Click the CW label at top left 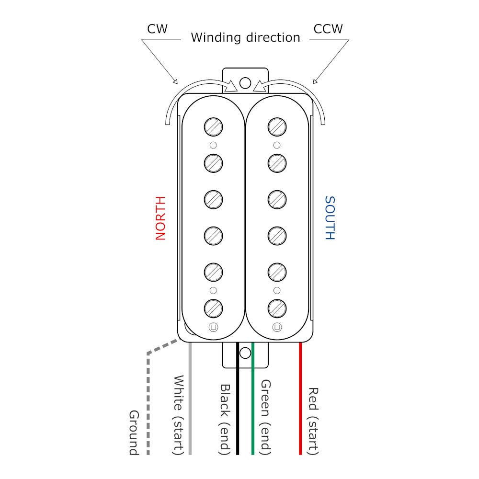coord(157,29)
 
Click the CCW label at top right coord(328,29)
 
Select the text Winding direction coord(245,37)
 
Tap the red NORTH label coord(160,218)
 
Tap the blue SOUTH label coord(330,218)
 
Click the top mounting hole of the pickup coord(245,83)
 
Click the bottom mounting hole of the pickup coord(245,354)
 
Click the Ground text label coord(134,433)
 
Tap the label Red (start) coord(313,421)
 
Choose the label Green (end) coord(266,417)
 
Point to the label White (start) coord(178,415)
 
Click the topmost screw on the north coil coord(213,127)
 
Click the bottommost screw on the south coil coord(277,308)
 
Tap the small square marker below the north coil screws coord(213,328)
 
